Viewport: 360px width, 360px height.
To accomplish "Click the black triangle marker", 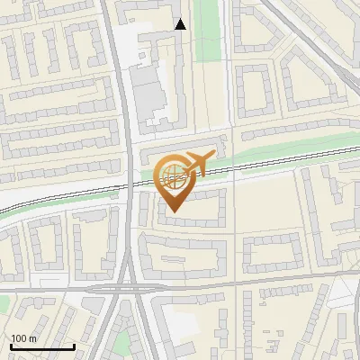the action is coord(181,24).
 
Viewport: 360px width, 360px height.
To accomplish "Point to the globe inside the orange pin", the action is coord(173,176).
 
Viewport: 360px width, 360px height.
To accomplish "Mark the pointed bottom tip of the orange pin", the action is coord(174,211).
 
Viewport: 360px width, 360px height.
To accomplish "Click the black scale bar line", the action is coord(41,347).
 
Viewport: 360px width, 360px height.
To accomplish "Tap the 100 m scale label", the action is coord(23,338).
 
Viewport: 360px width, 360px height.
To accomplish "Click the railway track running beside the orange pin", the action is coord(270,163).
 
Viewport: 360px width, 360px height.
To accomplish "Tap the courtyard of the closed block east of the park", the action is coord(254,94).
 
